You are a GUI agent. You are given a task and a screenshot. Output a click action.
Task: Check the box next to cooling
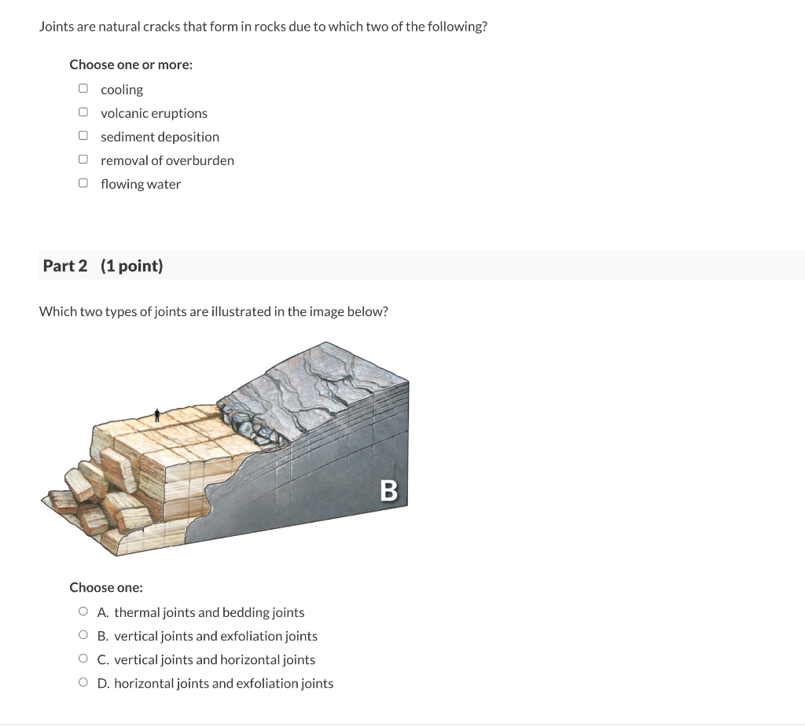pos(83,89)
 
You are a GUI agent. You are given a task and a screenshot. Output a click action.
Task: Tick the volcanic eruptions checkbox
pos(83,112)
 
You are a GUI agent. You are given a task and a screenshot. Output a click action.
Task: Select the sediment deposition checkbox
pos(83,136)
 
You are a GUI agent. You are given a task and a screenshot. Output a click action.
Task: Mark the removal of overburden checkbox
pos(83,160)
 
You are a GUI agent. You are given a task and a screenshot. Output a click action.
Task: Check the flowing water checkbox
pos(83,183)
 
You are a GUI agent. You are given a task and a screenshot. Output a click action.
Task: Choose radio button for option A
pos(83,612)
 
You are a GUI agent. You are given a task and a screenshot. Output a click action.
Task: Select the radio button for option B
pos(83,636)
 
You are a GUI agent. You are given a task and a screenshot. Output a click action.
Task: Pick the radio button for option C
pos(83,659)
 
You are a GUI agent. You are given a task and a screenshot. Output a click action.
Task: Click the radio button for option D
pos(83,683)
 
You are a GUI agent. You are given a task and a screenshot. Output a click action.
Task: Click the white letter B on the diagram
pos(388,490)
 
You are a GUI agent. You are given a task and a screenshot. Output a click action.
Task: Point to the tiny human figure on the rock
pos(157,415)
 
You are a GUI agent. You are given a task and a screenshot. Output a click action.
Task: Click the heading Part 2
pos(65,266)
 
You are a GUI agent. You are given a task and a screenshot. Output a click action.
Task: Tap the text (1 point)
pos(132,266)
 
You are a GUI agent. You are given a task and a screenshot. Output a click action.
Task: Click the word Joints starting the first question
pos(56,27)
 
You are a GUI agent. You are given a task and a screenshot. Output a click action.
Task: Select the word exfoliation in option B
pos(254,636)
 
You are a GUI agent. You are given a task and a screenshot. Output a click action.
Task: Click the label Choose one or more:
pos(130,64)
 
